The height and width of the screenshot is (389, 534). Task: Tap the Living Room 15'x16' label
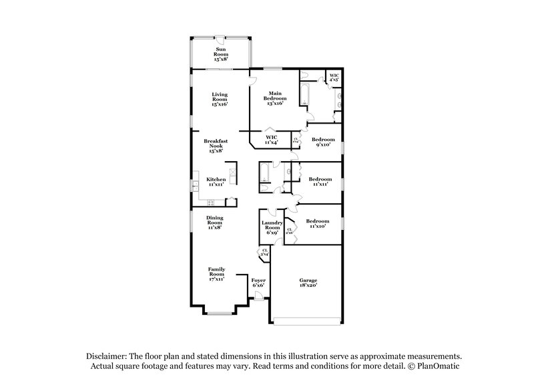220,100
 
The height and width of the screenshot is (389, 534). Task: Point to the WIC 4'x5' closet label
334,78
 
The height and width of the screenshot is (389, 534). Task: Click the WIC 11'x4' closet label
271,139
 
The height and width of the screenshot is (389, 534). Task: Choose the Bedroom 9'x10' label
323,142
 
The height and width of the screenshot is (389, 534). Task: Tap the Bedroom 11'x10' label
317,224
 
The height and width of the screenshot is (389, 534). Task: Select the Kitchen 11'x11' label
216,182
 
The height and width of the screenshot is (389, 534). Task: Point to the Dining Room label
215,222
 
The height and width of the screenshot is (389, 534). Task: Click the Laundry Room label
271,227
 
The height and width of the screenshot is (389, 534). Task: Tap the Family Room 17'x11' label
216,273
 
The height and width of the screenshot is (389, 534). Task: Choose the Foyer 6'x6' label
258,283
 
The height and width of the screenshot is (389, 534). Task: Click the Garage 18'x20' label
308,283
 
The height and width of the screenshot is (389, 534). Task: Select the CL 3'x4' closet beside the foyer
264,253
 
